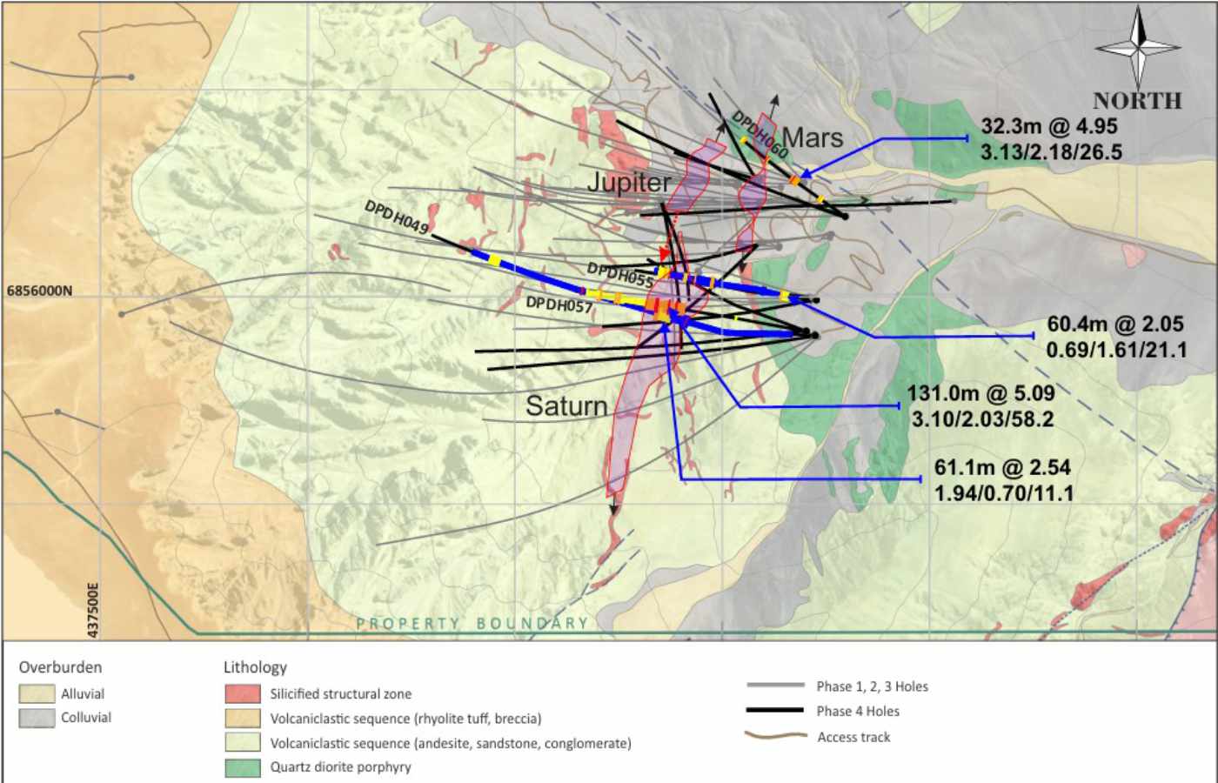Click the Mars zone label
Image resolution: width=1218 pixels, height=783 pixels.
click(813, 137)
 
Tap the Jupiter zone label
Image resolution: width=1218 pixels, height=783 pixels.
click(628, 183)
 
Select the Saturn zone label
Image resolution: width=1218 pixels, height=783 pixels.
click(566, 406)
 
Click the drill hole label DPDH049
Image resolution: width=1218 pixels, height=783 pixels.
click(397, 217)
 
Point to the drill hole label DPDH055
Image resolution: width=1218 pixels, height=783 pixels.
click(620, 275)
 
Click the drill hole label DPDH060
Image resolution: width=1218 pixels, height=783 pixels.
click(760, 134)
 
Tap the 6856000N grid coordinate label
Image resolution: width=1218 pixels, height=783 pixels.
click(40, 291)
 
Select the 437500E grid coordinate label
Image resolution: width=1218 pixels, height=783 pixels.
click(94, 610)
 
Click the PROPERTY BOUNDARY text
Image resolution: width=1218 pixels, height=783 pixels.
click(472, 623)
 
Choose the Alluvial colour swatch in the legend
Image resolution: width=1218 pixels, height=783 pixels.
click(37, 694)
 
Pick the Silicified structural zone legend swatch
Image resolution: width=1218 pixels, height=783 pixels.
click(243, 694)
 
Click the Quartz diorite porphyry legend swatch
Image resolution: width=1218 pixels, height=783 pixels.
click(243, 767)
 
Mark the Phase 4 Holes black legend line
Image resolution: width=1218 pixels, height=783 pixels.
click(774, 711)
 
